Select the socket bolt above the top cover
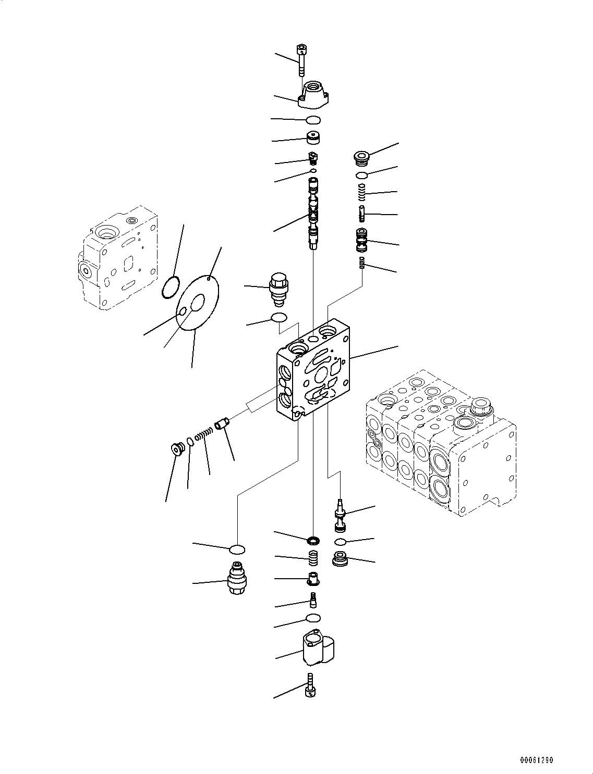[301, 60]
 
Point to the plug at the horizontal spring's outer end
[178, 448]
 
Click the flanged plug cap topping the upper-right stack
[362, 156]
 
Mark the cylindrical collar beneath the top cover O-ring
[313, 139]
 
